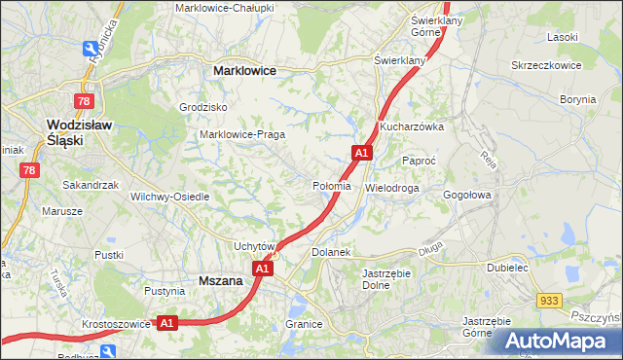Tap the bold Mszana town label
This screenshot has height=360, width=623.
pyautogui.click(x=219, y=280)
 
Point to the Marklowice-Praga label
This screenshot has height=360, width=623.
pyautogui.click(x=241, y=134)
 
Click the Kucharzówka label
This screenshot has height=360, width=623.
pyautogui.click(x=412, y=126)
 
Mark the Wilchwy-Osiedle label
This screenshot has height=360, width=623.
pyautogui.click(x=170, y=196)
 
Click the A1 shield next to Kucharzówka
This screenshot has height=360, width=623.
pyautogui.click(x=361, y=153)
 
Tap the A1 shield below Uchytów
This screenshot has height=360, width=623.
pyautogui.click(x=261, y=269)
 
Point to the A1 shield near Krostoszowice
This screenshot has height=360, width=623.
pyautogui.click(x=166, y=322)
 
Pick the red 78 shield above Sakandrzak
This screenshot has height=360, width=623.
pyautogui.click(x=30, y=170)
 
